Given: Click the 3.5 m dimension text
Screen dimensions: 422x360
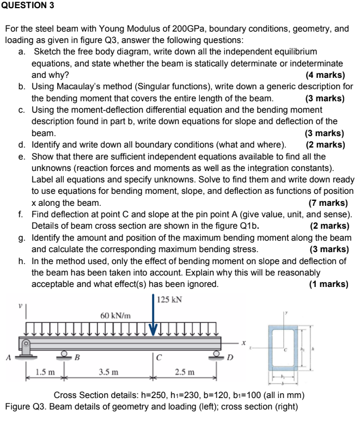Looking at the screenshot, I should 108,372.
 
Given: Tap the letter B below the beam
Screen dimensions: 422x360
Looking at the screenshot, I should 77,358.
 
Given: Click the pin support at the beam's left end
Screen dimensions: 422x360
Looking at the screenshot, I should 25,348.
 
